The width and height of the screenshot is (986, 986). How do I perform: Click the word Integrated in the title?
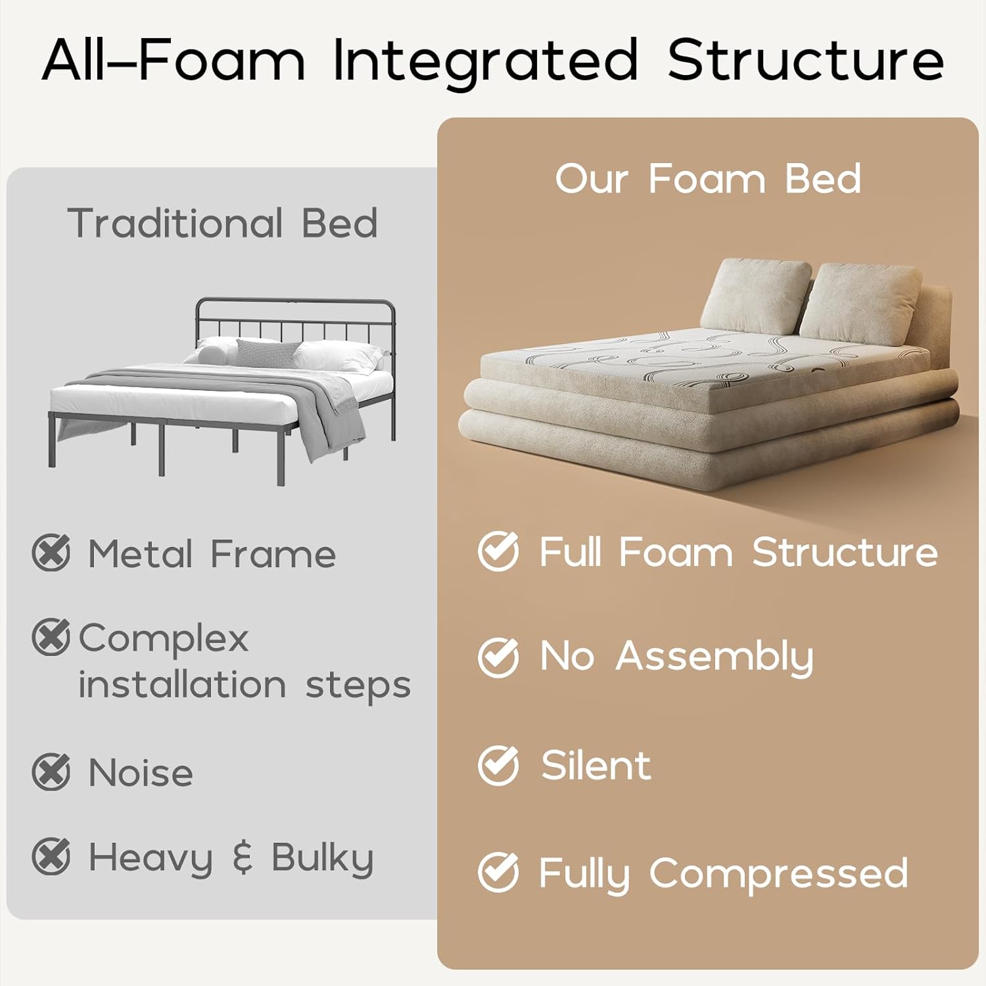coord(485,60)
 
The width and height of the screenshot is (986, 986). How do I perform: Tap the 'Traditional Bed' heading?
coord(222,223)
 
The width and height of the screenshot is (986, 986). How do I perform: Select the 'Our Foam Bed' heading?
coord(708,179)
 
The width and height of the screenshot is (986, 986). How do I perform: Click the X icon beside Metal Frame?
coord(51,553)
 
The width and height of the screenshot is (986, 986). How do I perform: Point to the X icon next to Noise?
coord(51,772)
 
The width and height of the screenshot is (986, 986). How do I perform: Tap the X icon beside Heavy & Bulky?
coord(51,857)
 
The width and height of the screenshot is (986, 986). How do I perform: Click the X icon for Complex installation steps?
coord(51,636)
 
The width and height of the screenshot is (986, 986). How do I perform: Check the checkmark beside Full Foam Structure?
coord(498,551)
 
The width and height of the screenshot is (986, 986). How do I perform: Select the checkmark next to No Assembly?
coord(498,657)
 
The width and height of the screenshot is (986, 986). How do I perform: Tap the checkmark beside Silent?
coord(498,765)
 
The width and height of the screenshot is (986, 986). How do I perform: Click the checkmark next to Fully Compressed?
coord(498,872)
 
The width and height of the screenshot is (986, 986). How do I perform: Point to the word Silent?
coord(596,765)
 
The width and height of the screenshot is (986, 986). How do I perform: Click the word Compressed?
coord(778,874)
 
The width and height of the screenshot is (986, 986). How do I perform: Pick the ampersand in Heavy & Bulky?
coord(243,857)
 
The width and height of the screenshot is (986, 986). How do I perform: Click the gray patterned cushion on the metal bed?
coord(266,353)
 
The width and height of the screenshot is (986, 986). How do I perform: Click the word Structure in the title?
coord(806,60)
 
